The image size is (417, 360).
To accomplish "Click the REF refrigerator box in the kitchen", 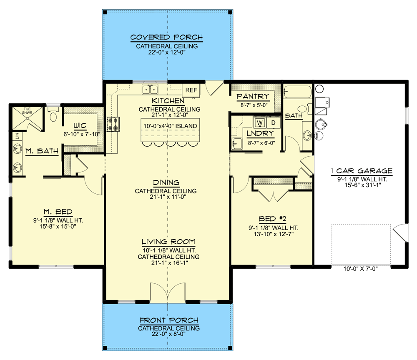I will pyautogui.click(x=191, y=90).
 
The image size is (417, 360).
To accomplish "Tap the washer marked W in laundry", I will pyautogui.click(x=260, y=122).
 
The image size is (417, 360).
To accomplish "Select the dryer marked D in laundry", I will pyautogui.click(x=274, y=122).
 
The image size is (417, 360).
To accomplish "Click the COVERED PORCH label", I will pyautogui.click(x=167, y=37).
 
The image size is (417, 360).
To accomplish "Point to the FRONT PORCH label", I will pyautogui.click(x=169, y=320).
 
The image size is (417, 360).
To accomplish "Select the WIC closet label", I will pyautogui.click(x=80, y=125).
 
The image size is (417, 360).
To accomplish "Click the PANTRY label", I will pyautogui.click(x=253, y=97).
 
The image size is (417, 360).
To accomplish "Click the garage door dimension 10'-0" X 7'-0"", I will pyautogui.click(x=361, y=269).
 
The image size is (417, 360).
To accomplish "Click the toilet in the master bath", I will pyautogui.click(x=53, y=115).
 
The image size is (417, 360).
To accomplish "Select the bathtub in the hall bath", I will pyautogui.click(x=297, y=92).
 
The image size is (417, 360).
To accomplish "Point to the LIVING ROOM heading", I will pyautogui.click(x=168, y=242).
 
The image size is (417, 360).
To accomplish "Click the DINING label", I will pyautogui.click(x=166, y=182).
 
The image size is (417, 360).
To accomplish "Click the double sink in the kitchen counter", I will pyautogui.click(x=150, y=90).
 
